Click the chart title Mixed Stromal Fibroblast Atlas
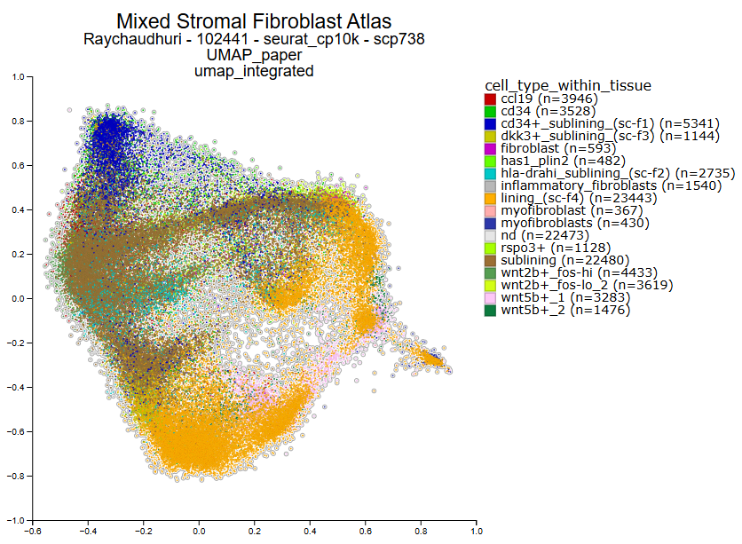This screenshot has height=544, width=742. [x=253, y=20]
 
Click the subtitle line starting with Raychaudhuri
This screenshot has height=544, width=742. [x=253, y=40]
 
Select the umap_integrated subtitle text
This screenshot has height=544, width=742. [x=253, y=71]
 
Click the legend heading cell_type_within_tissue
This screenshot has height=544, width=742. [x=567, y=85]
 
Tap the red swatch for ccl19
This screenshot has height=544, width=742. [x=490, y=99]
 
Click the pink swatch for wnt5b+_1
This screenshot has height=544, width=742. [x=490, y=297]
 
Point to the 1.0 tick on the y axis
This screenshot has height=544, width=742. [x=18, y=77]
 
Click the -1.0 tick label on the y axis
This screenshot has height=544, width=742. [x=16, y=520]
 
